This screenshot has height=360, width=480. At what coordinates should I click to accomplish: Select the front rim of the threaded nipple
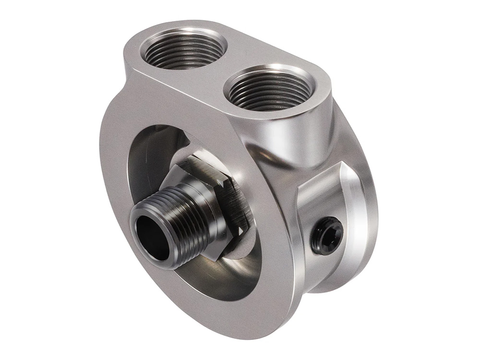(x=144, y=216)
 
